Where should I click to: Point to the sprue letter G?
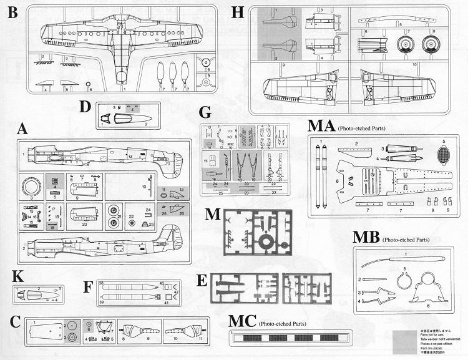206,114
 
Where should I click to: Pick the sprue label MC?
243,323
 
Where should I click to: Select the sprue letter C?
17,322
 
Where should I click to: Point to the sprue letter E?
202,280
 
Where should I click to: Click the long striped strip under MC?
308,339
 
